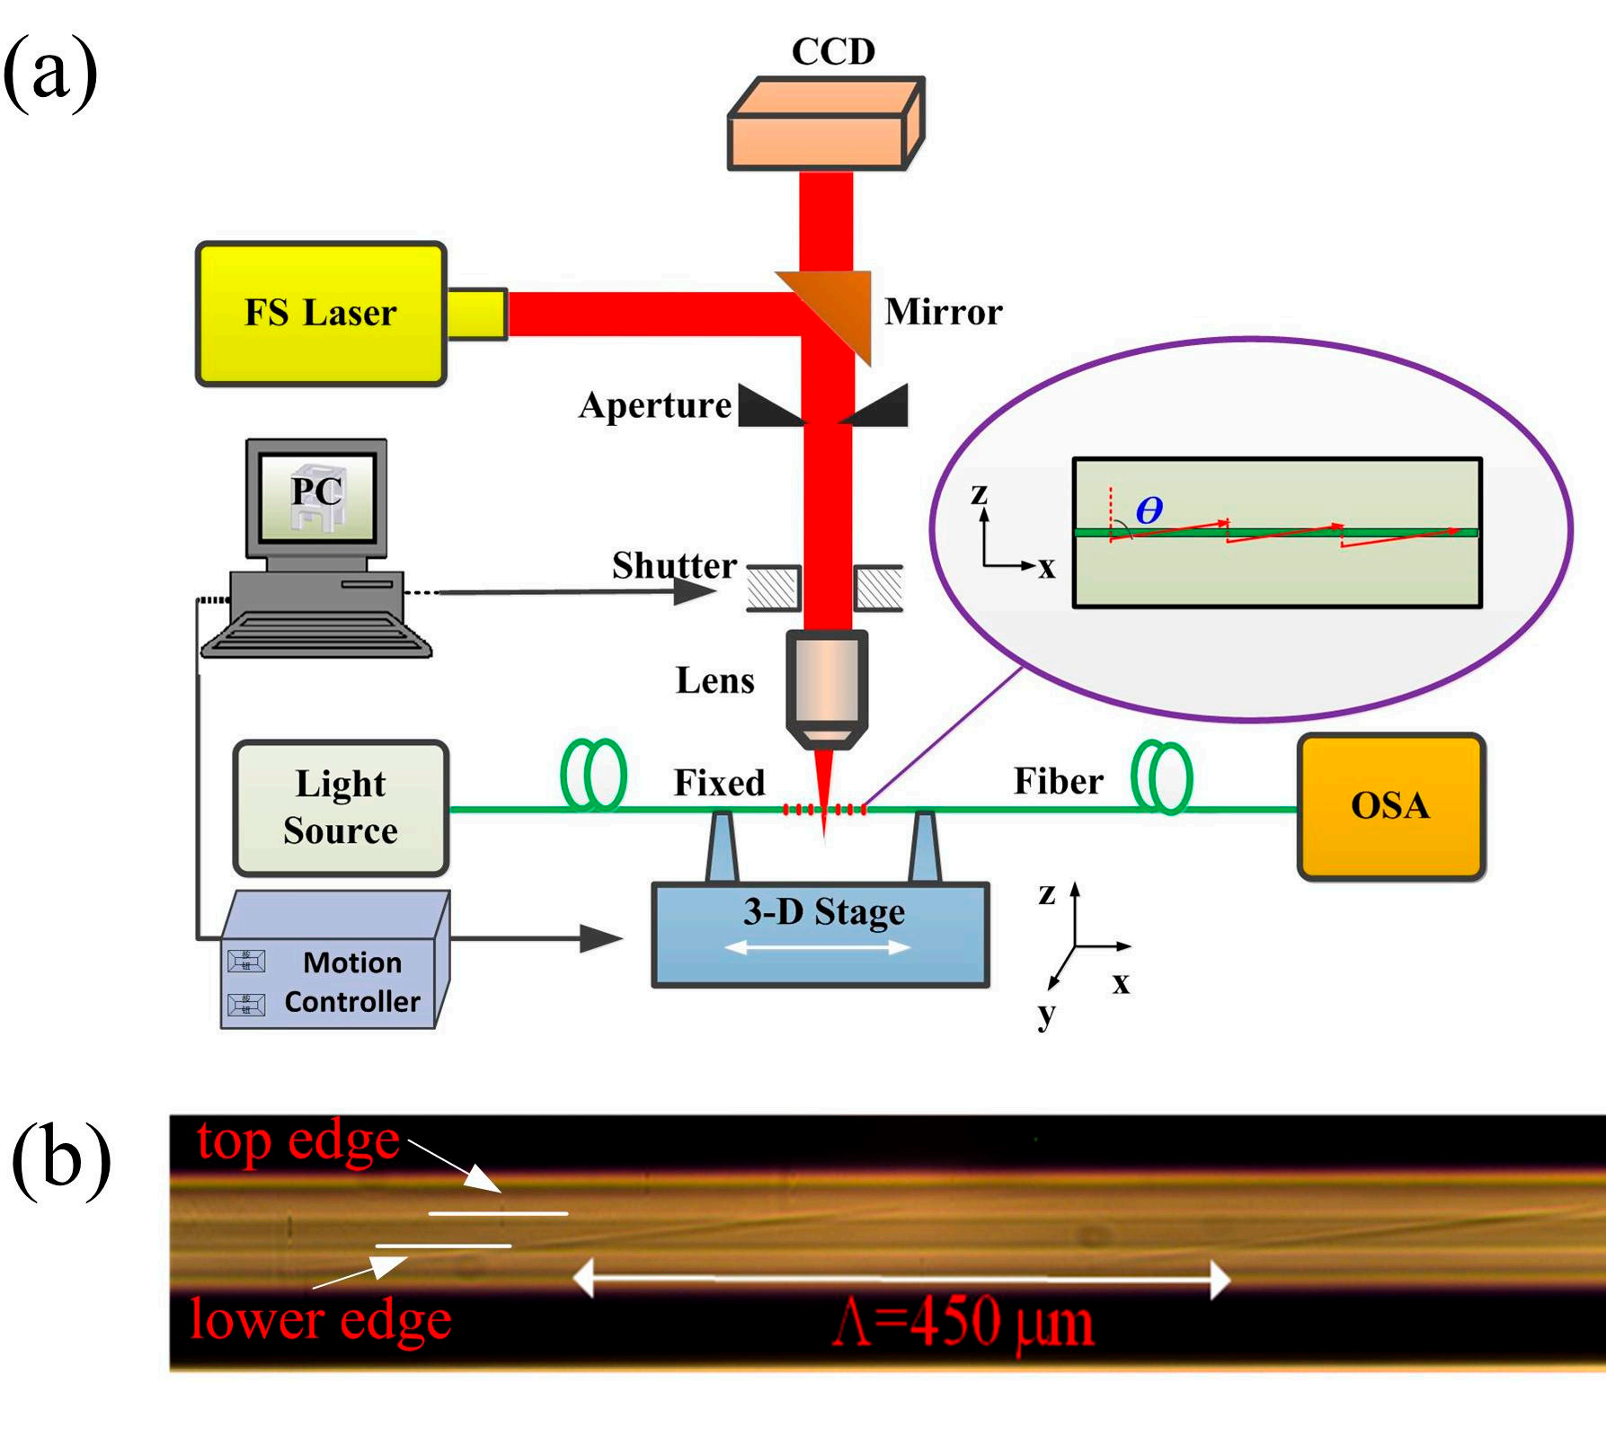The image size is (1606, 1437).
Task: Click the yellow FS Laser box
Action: pyautogui.click(x=321, y=314)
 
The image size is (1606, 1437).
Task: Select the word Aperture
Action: pyautogui.click(x=655, y=405)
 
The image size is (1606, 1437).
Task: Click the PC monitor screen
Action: pyautogui.click(x=316, y=496)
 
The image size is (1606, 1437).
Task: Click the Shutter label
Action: pyautogui.click(x=674, y=565)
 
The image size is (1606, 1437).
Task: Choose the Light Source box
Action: pyautogui.click(x=341, y=807)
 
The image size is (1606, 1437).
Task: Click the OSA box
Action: pyautogui.click(x=1390, y=806)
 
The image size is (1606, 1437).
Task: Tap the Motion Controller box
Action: pyautogui.click(x=334, y=975)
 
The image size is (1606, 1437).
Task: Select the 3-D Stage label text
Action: pyautogui.click(x=824, y=912)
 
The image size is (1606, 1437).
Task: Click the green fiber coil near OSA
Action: pyautogui.click(x=1162, y=776)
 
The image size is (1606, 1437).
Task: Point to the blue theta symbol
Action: pyautogui.click(x=1149, y=510)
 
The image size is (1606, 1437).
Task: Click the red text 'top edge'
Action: pyautogui.click(x=297, y=1141)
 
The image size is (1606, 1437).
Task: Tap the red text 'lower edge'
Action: pyautogui.click(x=321, y=1320)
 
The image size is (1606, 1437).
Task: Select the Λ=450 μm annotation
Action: pyautogui.click(x=963, y=1323)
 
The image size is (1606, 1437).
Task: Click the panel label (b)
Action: pyautogui.click(x=61, y=1159)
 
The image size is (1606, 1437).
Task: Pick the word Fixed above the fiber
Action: pyautogui.click(x=719, y=783)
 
